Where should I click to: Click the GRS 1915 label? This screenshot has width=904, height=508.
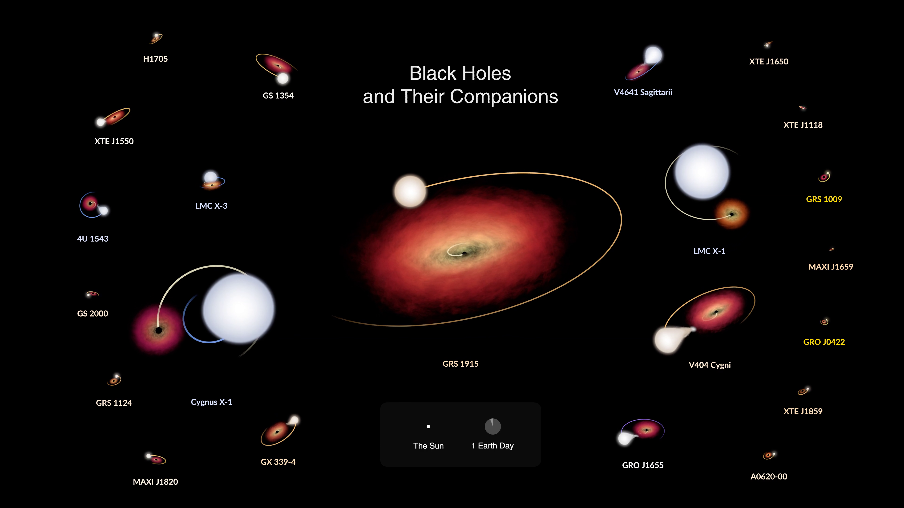[460, 364]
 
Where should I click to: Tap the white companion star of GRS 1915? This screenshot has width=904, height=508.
[410, 191]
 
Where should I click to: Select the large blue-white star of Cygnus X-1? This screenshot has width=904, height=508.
[239, 308]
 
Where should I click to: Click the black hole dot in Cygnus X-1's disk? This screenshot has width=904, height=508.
[159, 330]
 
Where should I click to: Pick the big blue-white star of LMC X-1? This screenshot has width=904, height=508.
[702, 172]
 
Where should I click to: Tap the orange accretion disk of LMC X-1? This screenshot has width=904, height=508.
[732, 214]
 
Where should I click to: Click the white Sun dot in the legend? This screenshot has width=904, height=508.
[428, 427]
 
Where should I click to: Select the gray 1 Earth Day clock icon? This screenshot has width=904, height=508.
[493, 426]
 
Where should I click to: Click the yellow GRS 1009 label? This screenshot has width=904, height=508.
[824, 199]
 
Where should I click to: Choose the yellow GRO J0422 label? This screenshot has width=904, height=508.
[824, 342]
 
